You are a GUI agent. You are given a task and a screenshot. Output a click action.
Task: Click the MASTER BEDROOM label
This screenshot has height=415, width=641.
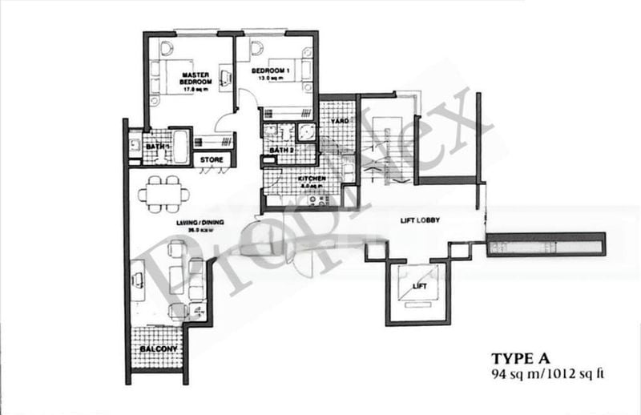tap(196, 78)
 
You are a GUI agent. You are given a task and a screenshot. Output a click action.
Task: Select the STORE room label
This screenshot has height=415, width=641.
tap(212, 159)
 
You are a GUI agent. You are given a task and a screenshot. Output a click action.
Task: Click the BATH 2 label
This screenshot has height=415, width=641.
tap(280, 150)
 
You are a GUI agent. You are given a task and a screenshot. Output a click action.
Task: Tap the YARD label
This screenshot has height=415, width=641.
tap(337, 122)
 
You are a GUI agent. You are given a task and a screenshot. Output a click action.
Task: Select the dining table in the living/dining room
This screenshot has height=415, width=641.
tap(164, 194)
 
